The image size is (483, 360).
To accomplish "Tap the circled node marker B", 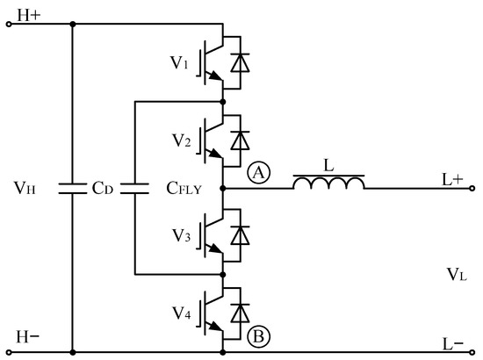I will pyautogui.click(x=258, y=335).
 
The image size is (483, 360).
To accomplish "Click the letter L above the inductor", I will pyautogui.click(x=328, y=163).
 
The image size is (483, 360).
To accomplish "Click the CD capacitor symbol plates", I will pyautogui.click(x=72, y=187).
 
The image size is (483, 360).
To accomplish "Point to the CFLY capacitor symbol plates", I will pyautogui.click(x=134, y=187).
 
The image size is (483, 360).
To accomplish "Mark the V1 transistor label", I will pyautogui.click(x=180, y=62).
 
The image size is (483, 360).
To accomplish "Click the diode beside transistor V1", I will pyautogui.click(x=237, y=61).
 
